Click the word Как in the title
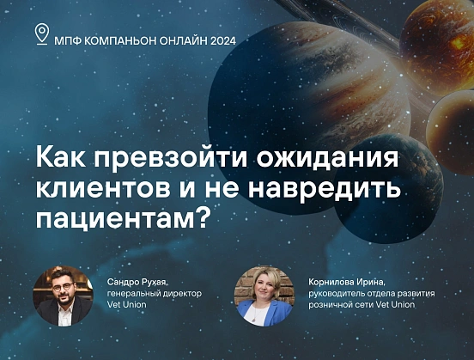point(61,160)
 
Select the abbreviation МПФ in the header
point(69,40)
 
